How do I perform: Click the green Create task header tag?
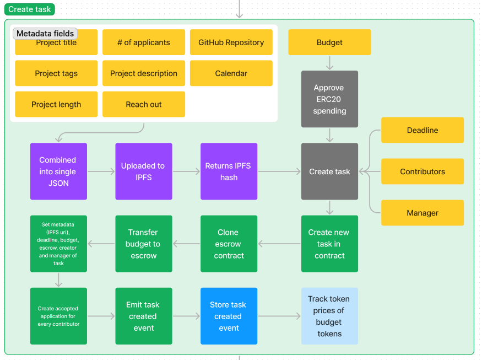click(29, 9)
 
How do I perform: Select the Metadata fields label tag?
click(45, 34)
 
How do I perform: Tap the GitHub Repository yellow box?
click(231, 42)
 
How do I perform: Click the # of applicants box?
click(143, 42)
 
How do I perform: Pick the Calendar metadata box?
click(231, 73)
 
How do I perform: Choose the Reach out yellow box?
click(143, 104)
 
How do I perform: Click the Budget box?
click(329, 42)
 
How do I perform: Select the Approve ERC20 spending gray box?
click(329, 99)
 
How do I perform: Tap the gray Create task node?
click(329, 171)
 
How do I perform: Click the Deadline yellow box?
click(422, 130)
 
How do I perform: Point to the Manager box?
click(422, 213)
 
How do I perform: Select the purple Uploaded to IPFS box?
click(143, 171)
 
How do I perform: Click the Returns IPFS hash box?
click(229, 171)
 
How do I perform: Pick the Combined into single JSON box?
click(58, 171)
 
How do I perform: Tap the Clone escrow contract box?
click(229, 244)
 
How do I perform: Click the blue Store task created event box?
click(229, 316)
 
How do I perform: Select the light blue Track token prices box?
click(329, 316)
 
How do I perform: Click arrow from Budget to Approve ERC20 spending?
click(329, 63)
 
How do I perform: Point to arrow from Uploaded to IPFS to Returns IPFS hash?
click(186, 171)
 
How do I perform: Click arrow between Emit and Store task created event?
click(186, 316)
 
